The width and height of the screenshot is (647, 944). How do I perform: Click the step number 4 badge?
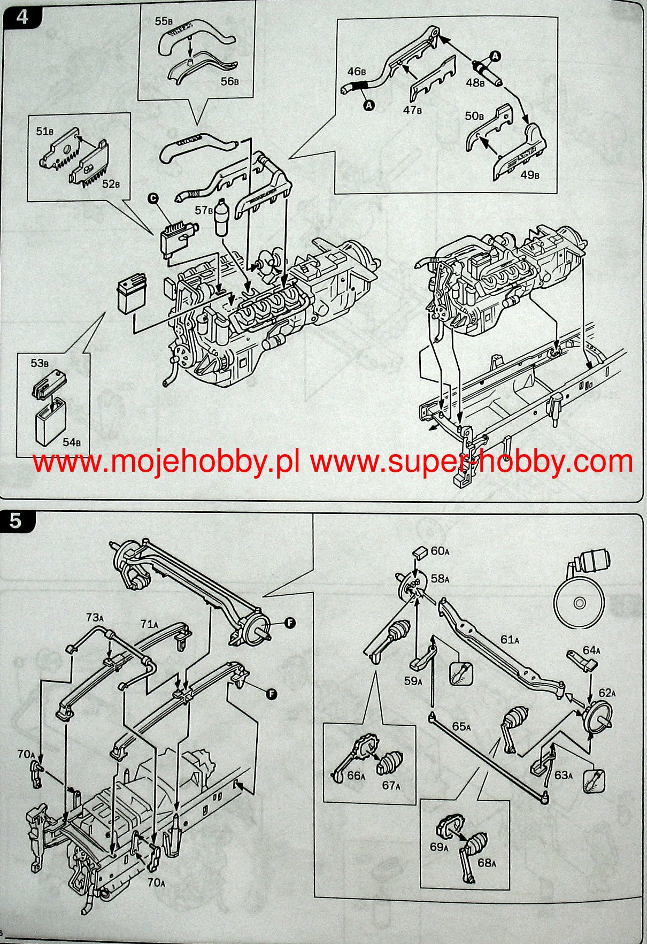tap(21, 17)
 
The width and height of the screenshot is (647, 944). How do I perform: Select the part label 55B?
tap(164, 21)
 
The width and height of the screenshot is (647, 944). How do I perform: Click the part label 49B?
tap(530, 175)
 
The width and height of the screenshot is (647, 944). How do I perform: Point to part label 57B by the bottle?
tap(204, 211)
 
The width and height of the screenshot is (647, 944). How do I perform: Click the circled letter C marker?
tap(153, 198)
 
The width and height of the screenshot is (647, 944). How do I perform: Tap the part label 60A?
tap(440, 551)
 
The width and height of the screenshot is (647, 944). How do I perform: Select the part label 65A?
tap(461, 726)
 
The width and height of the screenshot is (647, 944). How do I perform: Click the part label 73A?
tap(95, 618)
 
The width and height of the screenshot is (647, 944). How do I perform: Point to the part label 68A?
tap(487, 863)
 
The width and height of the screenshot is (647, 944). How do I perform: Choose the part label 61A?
tap(510, 640)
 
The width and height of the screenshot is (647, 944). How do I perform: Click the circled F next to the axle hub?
tap(290, 623)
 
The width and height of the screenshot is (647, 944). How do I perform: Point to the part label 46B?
tap(357, 71)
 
